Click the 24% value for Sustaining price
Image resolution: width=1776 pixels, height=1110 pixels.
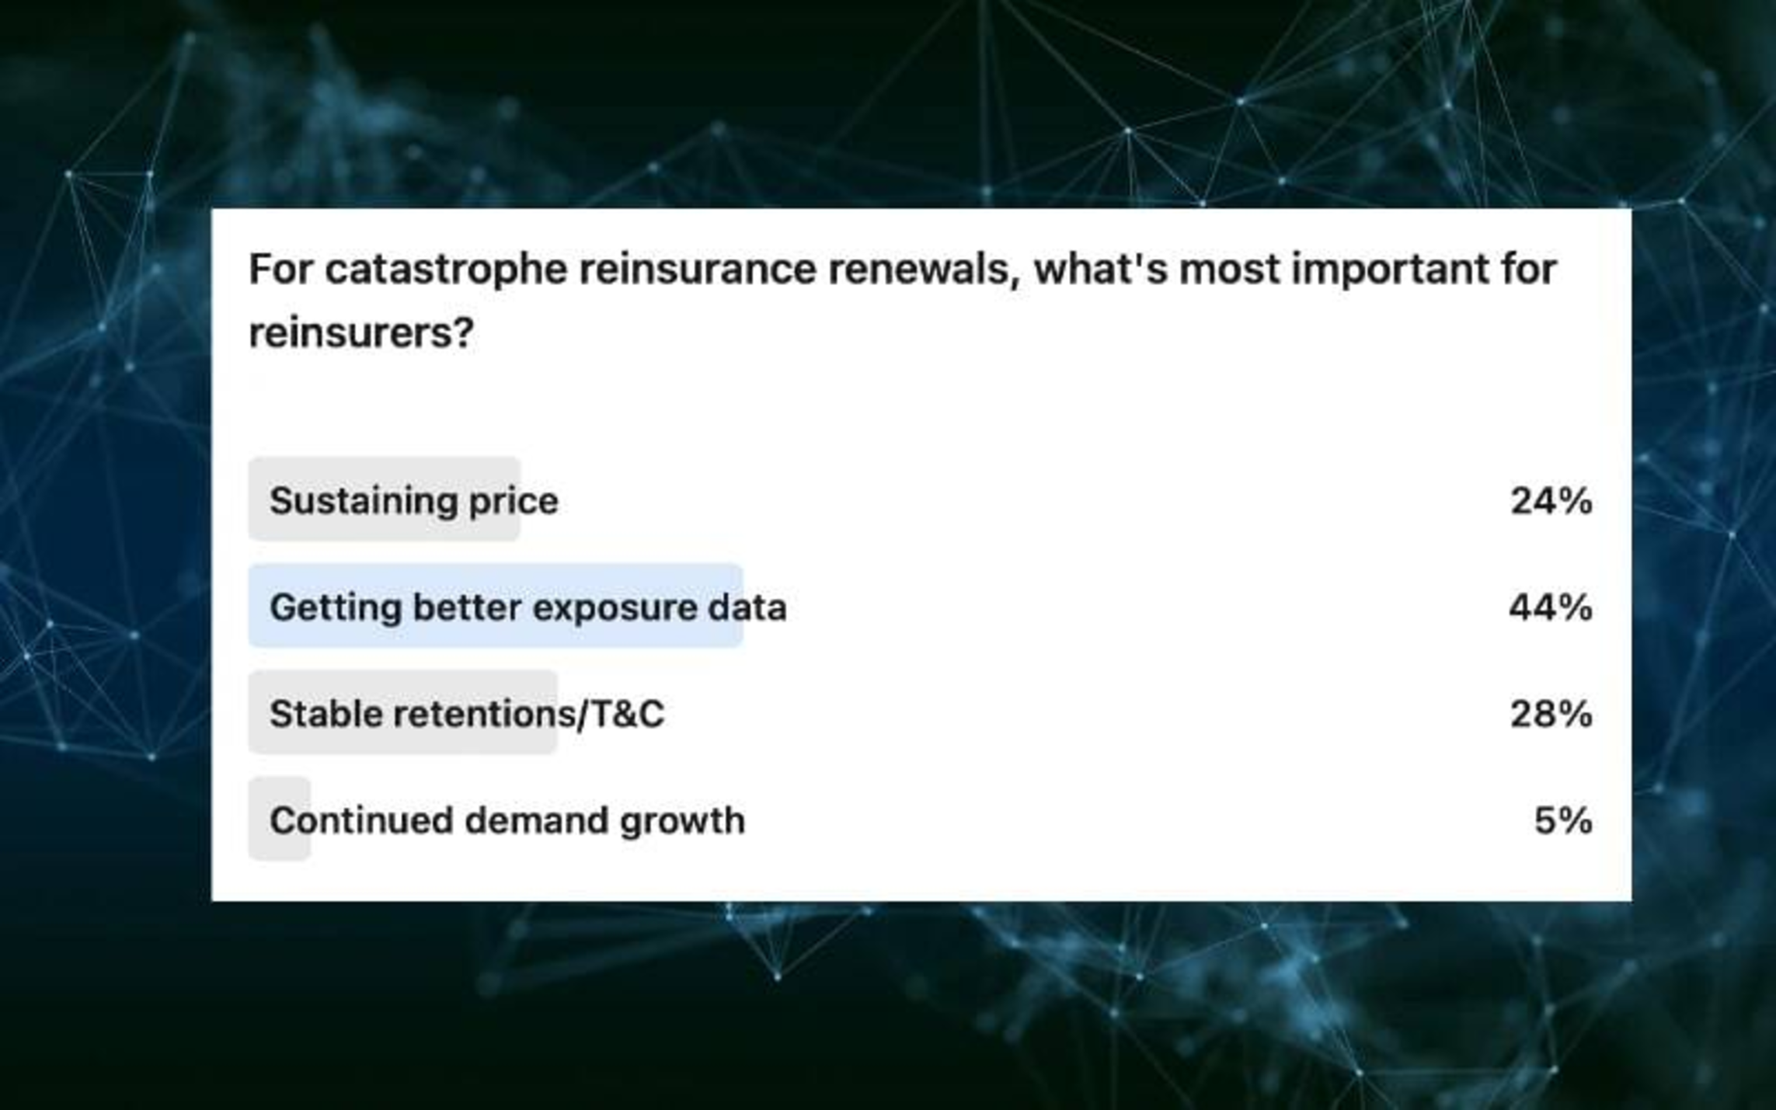[1551, 501]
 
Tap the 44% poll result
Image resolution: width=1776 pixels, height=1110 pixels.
[1551, 607]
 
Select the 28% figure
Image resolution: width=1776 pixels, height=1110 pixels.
[1551, 714]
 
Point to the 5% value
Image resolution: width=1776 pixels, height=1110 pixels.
[1563, 820]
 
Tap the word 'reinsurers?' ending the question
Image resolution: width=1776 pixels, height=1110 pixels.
[361, 333]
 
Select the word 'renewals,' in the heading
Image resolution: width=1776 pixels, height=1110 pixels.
[924, 270]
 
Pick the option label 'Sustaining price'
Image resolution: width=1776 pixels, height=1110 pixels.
[414, 501]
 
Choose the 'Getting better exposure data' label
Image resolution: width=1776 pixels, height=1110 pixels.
[528, 607]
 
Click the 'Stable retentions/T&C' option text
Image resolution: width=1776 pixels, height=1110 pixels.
[467, 714]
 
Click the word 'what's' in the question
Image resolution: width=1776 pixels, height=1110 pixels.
[1101, 269]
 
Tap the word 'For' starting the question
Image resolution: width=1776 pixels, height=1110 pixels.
[280, 270]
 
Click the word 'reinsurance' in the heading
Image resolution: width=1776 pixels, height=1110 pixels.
[698, 270]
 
